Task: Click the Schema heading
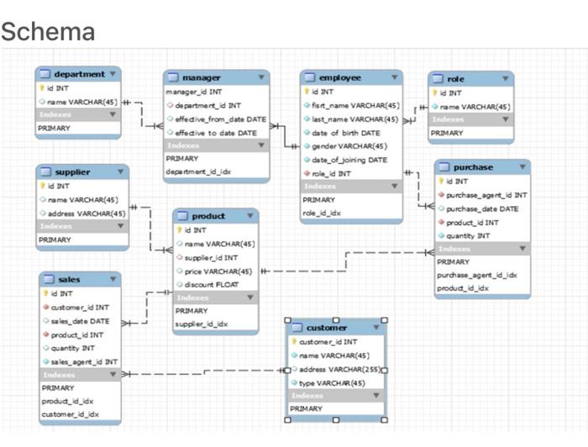(x=48, y=32)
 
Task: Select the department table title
(x=79, y=74)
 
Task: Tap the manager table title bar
(x=201, y=77)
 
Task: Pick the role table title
(x=455, y=79)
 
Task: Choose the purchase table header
(x=473, y=167)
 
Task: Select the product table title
(x=208, y=216)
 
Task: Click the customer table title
(x=326, y=327)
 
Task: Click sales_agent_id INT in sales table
(x=84, y=361)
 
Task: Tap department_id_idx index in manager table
(x=200, y=171)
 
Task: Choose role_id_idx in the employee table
(x=322, y=213)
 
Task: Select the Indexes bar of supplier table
(x=81, y=226)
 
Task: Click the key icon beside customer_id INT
(x=292, y=342)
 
